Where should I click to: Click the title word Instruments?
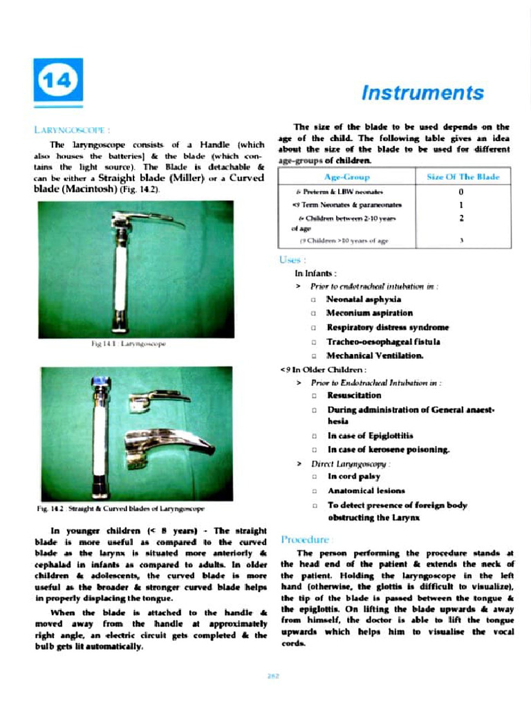pos(422,93)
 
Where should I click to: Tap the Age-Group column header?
pos(346,178)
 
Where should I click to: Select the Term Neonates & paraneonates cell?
pos(347,205)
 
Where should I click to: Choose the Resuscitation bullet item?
pos(354,395)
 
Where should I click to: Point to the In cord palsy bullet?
pos(353,476)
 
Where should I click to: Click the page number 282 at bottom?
pos(272,677)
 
